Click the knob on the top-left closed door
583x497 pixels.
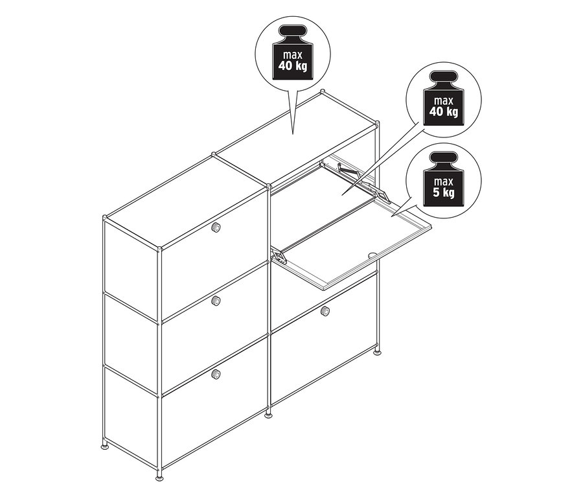point(215,227)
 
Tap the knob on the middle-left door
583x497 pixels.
point(216,301)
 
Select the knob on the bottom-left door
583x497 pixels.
point(216,374)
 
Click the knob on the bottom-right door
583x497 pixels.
point(325,310)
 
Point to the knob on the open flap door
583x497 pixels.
point(372,255)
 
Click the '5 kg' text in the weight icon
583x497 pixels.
point(444,192)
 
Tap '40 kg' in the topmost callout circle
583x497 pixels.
point(293,66)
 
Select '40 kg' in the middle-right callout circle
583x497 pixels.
point(444,111)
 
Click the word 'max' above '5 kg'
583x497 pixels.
point(444,182)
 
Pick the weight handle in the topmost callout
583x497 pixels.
point(293,30)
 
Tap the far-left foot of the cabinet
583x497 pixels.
point(106,445)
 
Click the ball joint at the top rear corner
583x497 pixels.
point(323,91)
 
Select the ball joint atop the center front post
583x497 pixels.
point(268,185)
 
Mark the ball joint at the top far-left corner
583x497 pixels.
point(105,217)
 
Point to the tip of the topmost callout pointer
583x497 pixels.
point(293,134)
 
